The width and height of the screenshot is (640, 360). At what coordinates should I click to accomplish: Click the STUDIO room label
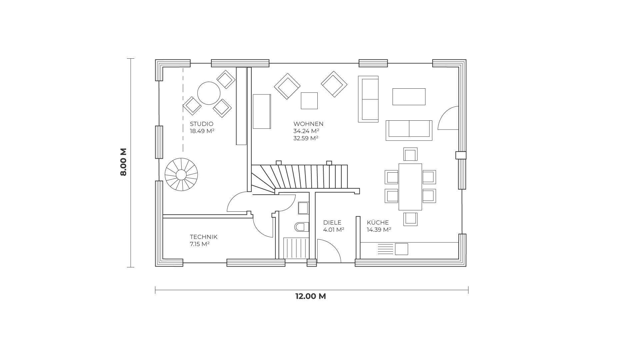(x=201, y=124)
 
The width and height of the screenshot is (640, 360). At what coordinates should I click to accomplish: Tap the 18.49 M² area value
(x=202, y=131)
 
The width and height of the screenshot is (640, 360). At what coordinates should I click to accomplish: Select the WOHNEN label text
(x=308, y=124)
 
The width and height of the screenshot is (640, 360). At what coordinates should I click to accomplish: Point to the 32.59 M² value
(x=306, y=138)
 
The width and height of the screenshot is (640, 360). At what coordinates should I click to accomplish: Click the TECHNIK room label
(x=204, y=237)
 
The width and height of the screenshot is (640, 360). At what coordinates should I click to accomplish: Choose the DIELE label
(x=332, y=222)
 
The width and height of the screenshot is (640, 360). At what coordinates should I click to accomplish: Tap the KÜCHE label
(x=378, y=222)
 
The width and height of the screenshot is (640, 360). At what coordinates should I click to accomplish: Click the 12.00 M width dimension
(x=310, y=296)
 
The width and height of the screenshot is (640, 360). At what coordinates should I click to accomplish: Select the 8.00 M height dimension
(x=123, y=162)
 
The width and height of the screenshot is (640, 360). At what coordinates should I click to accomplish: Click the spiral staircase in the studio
(x=181, y=174)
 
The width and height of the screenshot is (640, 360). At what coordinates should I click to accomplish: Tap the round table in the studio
(x=209, y=93)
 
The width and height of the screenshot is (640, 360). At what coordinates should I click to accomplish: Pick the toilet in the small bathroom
(x=302, y=227)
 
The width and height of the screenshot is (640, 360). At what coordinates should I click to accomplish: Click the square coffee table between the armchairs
(x=309, y=101)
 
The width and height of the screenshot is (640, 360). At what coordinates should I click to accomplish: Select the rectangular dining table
(x=410, y=187)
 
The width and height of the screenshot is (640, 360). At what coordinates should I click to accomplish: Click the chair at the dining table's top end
(x=410, y=155)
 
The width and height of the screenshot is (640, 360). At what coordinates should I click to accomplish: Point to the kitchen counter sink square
(x=402, y=249)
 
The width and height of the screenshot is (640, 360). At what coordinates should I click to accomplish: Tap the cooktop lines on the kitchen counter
(x=386, y=249)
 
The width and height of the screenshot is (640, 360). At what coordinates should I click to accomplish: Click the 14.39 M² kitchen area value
(x=379, y=230)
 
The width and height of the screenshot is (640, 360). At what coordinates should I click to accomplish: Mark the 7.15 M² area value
(x=200, y=244)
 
